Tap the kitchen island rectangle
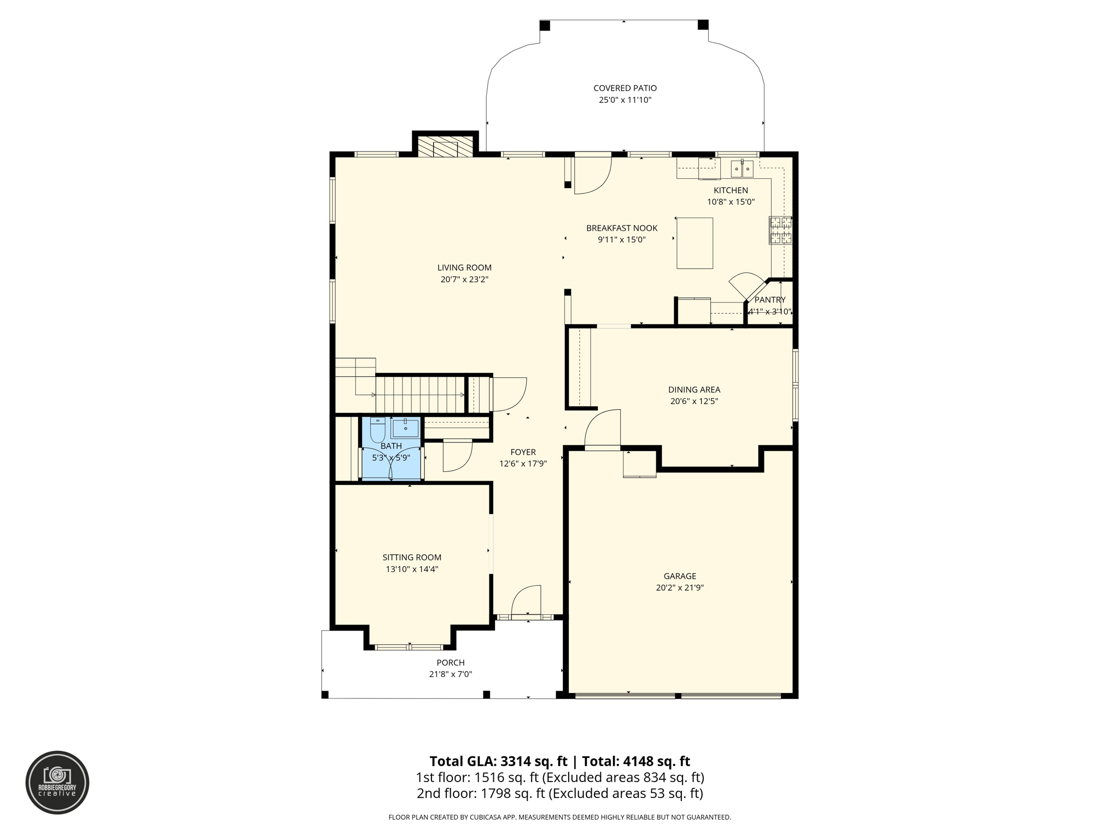pyautogui.click(x=695, y=243)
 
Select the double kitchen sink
pyautogui.click(x=742, y=169)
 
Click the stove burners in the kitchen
pyautogui.click(x=780, y=230)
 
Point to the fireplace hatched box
pyautogui.click(x=445, y=147)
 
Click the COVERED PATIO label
pyautogui.click(x=625, y=88)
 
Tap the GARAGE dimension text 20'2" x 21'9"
pyautogui.click(x=680, y=588)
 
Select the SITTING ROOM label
pyautogui.click(x=412, y=557)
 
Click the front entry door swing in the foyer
pyautogui.click(x=526, y=602)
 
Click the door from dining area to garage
pyautogui.click(x=603, y=429)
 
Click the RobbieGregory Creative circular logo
pyautogui.click(x=57, y=783)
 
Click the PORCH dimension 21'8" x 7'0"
pyautogui.click(x=450, y=674)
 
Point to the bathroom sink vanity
pyautogui.click(x=405, y=427)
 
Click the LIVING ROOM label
pyautogui.click(x=464, y=267)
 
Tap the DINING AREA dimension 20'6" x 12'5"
pyautogui.click(x=694, y=401)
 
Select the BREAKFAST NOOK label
pyautogui.click(x=622, y=228)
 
